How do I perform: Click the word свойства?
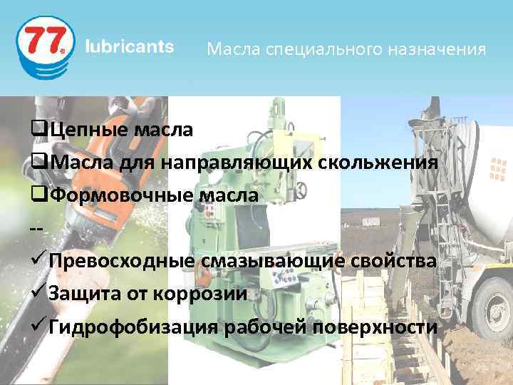[x=395, y=262]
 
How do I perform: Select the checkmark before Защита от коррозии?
[x=39, y=293]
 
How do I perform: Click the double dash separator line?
[x=37, y=228]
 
